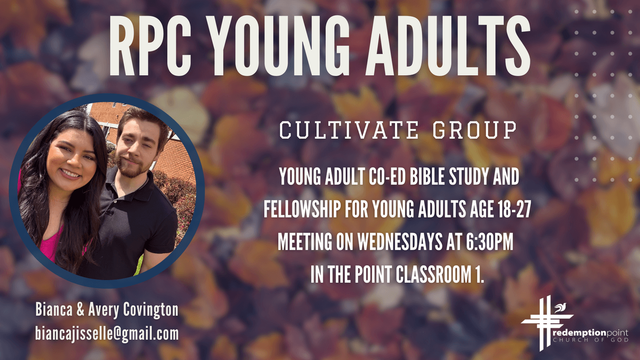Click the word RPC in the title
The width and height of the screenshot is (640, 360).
pos(150,46)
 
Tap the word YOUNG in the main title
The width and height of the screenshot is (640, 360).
pos(278,46)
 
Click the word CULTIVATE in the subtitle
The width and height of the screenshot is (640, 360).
pos(349,130)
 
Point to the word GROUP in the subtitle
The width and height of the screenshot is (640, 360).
pos(475,130)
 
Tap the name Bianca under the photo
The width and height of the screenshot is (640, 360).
pos(54,309)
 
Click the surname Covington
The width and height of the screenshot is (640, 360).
pos(151,310)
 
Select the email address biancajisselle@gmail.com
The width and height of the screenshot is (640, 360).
pos(107,334)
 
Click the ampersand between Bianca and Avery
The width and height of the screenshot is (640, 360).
pos(80,310)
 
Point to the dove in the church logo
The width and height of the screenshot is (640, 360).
pos(560,308)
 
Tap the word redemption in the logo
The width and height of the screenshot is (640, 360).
pos(579,333)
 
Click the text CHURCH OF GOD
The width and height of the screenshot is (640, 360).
pos(591,340)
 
